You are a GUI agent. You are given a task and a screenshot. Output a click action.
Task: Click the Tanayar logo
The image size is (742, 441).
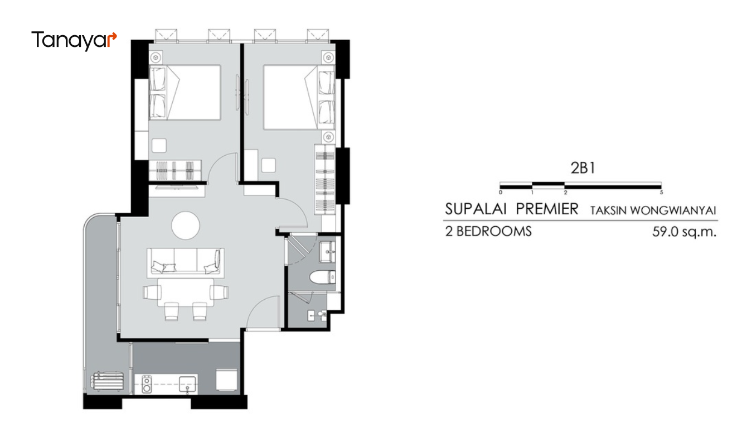74,40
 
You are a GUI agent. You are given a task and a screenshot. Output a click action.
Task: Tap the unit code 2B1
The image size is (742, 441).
583,168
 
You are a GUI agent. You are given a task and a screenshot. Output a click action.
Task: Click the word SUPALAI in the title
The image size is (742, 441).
476,209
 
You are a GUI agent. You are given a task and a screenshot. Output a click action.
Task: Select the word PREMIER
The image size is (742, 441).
547,209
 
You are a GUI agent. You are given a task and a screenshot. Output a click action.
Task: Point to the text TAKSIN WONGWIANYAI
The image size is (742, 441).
653,210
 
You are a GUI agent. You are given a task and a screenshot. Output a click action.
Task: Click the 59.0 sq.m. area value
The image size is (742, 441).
684,232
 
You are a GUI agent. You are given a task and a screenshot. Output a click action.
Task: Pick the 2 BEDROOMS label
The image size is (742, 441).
488,231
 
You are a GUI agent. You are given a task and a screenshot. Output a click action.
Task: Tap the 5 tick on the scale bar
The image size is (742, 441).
661,193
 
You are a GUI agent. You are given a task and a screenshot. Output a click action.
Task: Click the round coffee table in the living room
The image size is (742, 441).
186,226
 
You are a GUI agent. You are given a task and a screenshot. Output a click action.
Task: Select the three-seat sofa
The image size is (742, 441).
186,263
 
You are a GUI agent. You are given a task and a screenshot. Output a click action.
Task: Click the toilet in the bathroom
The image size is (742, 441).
322,277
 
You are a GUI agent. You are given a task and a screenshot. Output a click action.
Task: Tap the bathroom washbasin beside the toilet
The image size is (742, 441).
327,252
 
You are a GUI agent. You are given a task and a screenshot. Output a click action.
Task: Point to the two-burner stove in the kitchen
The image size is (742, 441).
147,384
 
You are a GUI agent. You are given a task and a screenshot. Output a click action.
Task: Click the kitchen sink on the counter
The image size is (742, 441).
187,384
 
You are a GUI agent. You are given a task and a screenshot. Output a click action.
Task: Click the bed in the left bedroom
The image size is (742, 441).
185,92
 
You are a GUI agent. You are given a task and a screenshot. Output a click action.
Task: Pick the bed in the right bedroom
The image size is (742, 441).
299,97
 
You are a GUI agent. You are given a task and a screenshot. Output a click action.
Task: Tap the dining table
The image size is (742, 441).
186,293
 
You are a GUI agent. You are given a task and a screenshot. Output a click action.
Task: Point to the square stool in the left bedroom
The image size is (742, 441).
159,145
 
